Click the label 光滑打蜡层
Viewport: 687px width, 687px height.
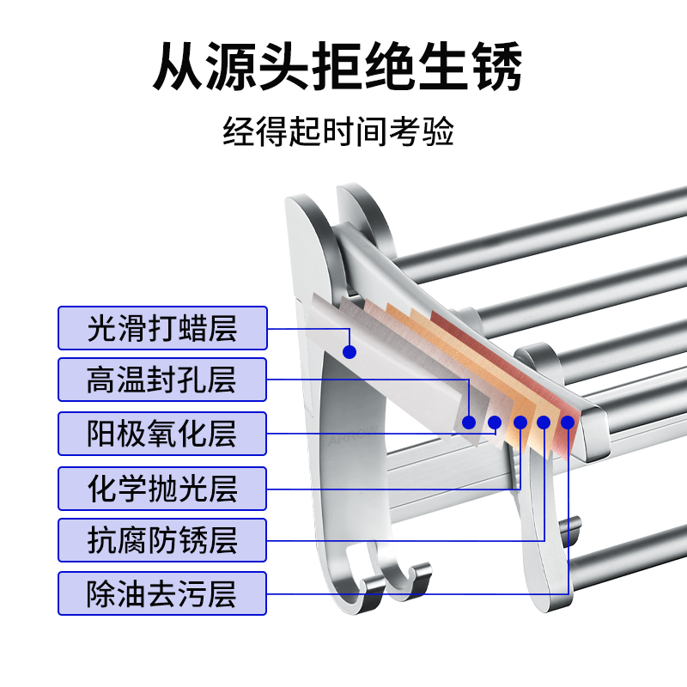tap(161, 328)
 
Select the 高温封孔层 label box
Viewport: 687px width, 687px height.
tap(161, 380)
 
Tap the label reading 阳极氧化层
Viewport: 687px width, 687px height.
tap(161, 434)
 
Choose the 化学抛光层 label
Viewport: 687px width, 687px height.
tap(161, 488)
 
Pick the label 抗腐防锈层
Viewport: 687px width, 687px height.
tap(161, 541)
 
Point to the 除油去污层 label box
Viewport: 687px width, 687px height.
tap(161, 593)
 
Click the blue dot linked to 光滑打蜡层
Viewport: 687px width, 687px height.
tap(349, 351)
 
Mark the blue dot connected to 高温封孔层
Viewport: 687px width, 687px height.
tap(469, 422)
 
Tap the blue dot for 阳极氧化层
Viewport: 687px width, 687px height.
tap(495, 422)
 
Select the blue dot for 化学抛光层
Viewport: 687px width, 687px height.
tap(520, 422)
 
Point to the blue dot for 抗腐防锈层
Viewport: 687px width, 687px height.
tap(544, 422)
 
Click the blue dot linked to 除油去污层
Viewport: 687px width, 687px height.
tap(568, 422)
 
